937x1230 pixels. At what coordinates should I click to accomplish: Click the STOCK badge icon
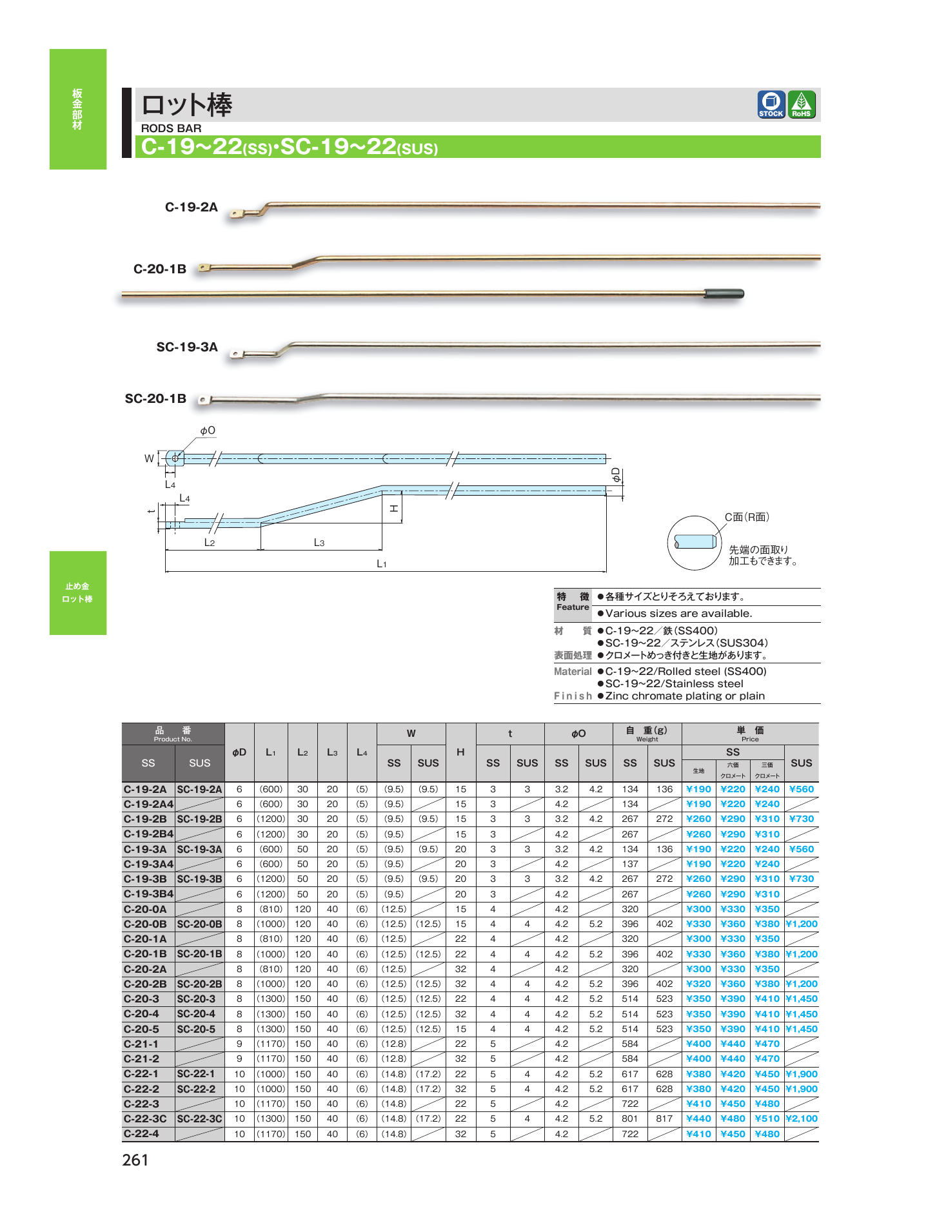(771, 104)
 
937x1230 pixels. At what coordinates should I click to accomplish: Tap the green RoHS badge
(802, 104)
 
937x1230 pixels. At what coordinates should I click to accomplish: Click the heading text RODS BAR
(171, 128)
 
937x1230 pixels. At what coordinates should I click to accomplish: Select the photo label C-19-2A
(191, 207)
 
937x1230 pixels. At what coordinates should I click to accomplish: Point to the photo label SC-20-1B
(155, 398)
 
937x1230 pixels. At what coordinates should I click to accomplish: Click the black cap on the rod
(724, 294)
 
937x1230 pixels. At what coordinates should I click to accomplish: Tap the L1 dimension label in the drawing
(382, 564)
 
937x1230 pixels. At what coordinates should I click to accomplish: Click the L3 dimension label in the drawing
(319, 543)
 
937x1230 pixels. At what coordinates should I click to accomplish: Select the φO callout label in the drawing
(207, 431)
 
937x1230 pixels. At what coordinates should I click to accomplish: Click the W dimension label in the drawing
(149, 458)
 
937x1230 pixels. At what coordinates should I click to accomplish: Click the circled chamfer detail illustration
(694, 542)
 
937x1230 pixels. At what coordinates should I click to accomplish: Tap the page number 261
(135, 1160)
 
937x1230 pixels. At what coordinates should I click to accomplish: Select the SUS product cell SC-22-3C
(199, 1118)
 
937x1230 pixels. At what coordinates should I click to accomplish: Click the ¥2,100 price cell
(802, 1118)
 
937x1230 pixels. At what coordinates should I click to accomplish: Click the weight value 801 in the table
(630, 1118)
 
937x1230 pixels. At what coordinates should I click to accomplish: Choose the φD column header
(239, 752)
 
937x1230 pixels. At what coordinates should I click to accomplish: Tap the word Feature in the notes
(573, 607)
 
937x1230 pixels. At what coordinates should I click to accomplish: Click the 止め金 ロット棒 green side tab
(78, 592)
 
